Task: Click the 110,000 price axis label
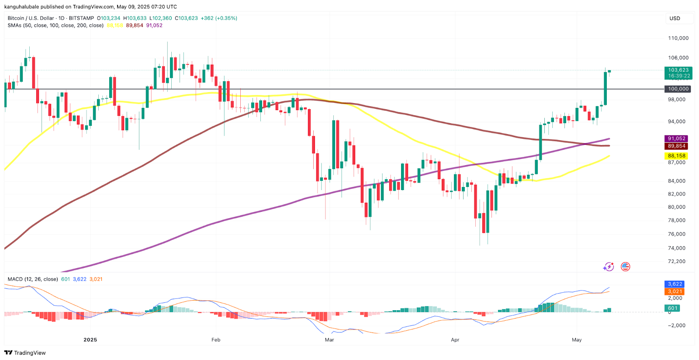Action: [x=678, y=38]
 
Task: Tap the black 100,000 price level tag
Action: [x=678, y=89]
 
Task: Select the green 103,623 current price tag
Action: [x=678, y=70]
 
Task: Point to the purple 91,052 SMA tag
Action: [x=676, y=138]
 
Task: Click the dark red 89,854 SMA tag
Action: [x=676, y=146]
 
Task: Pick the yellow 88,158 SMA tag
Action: [x=676, y=156]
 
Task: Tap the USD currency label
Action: [x=675, y=18]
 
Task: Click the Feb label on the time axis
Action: [x=216, y=340]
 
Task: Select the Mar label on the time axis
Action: [x=329, y=340]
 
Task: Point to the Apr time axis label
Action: [x=455, y=340]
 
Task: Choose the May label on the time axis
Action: [x=577, y=340]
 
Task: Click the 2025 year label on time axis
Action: [x=90, y=340]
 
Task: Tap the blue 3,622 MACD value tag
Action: [x=675, y=284]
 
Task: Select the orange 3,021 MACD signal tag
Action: [x=675, y=291]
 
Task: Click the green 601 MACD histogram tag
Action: [x=673, y=308]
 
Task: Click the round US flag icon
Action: [x=626, y=267]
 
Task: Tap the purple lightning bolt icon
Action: [x=609, y=267]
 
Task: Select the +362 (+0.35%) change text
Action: [x=219, y=18]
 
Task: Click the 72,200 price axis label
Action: [x=677, y=262]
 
